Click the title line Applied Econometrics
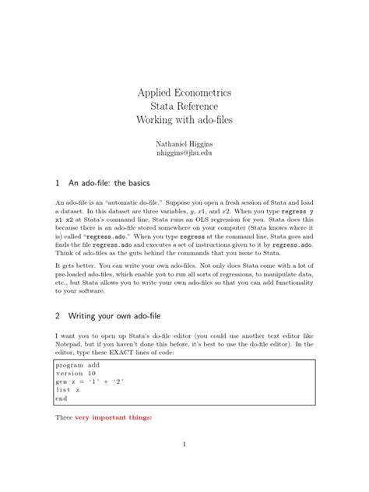point(184,93)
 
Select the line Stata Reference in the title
point(184,106)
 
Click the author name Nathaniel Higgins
point(184,143)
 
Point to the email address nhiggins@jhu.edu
point(184,153)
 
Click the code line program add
point(78,364)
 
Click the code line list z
point(68,390)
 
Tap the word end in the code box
point(61,399)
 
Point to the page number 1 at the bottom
point(184,445)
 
